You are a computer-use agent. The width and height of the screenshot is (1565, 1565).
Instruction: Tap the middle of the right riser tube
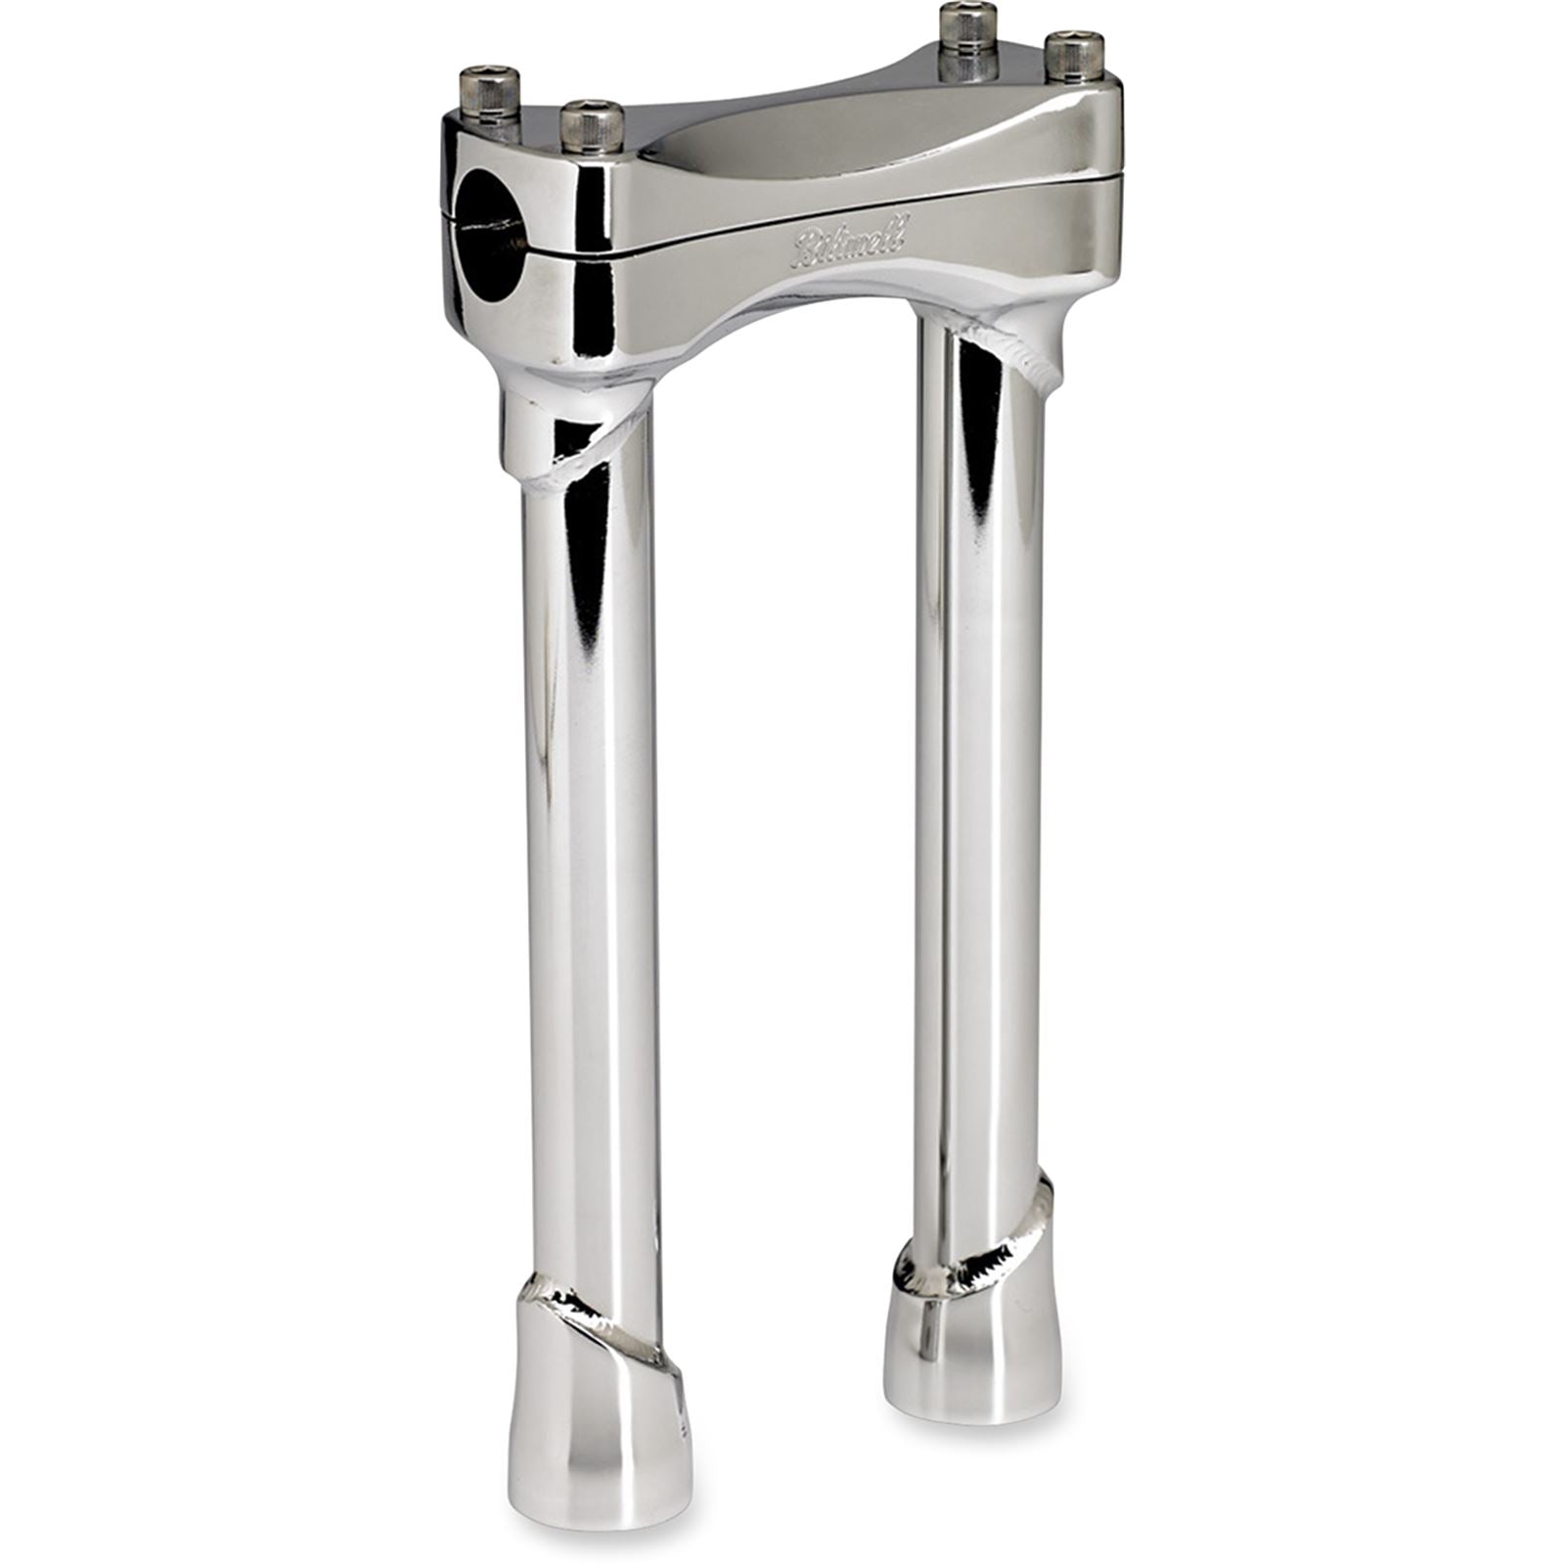(x=978, y=782)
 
